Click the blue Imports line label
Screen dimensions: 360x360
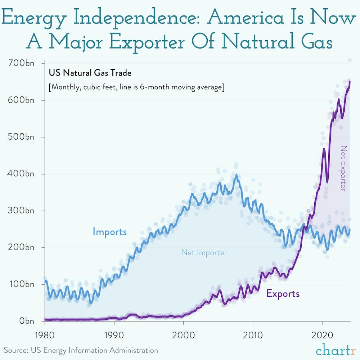coord(110,231)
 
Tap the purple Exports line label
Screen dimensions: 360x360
coord(283,293)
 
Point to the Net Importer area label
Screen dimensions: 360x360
coord(204,253)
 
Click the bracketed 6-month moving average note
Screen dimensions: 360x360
coord(136,87)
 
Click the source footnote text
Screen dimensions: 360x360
coord(81,350)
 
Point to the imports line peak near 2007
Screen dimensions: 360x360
coord(236,175)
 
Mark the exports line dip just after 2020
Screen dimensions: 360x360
coord(327,181)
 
